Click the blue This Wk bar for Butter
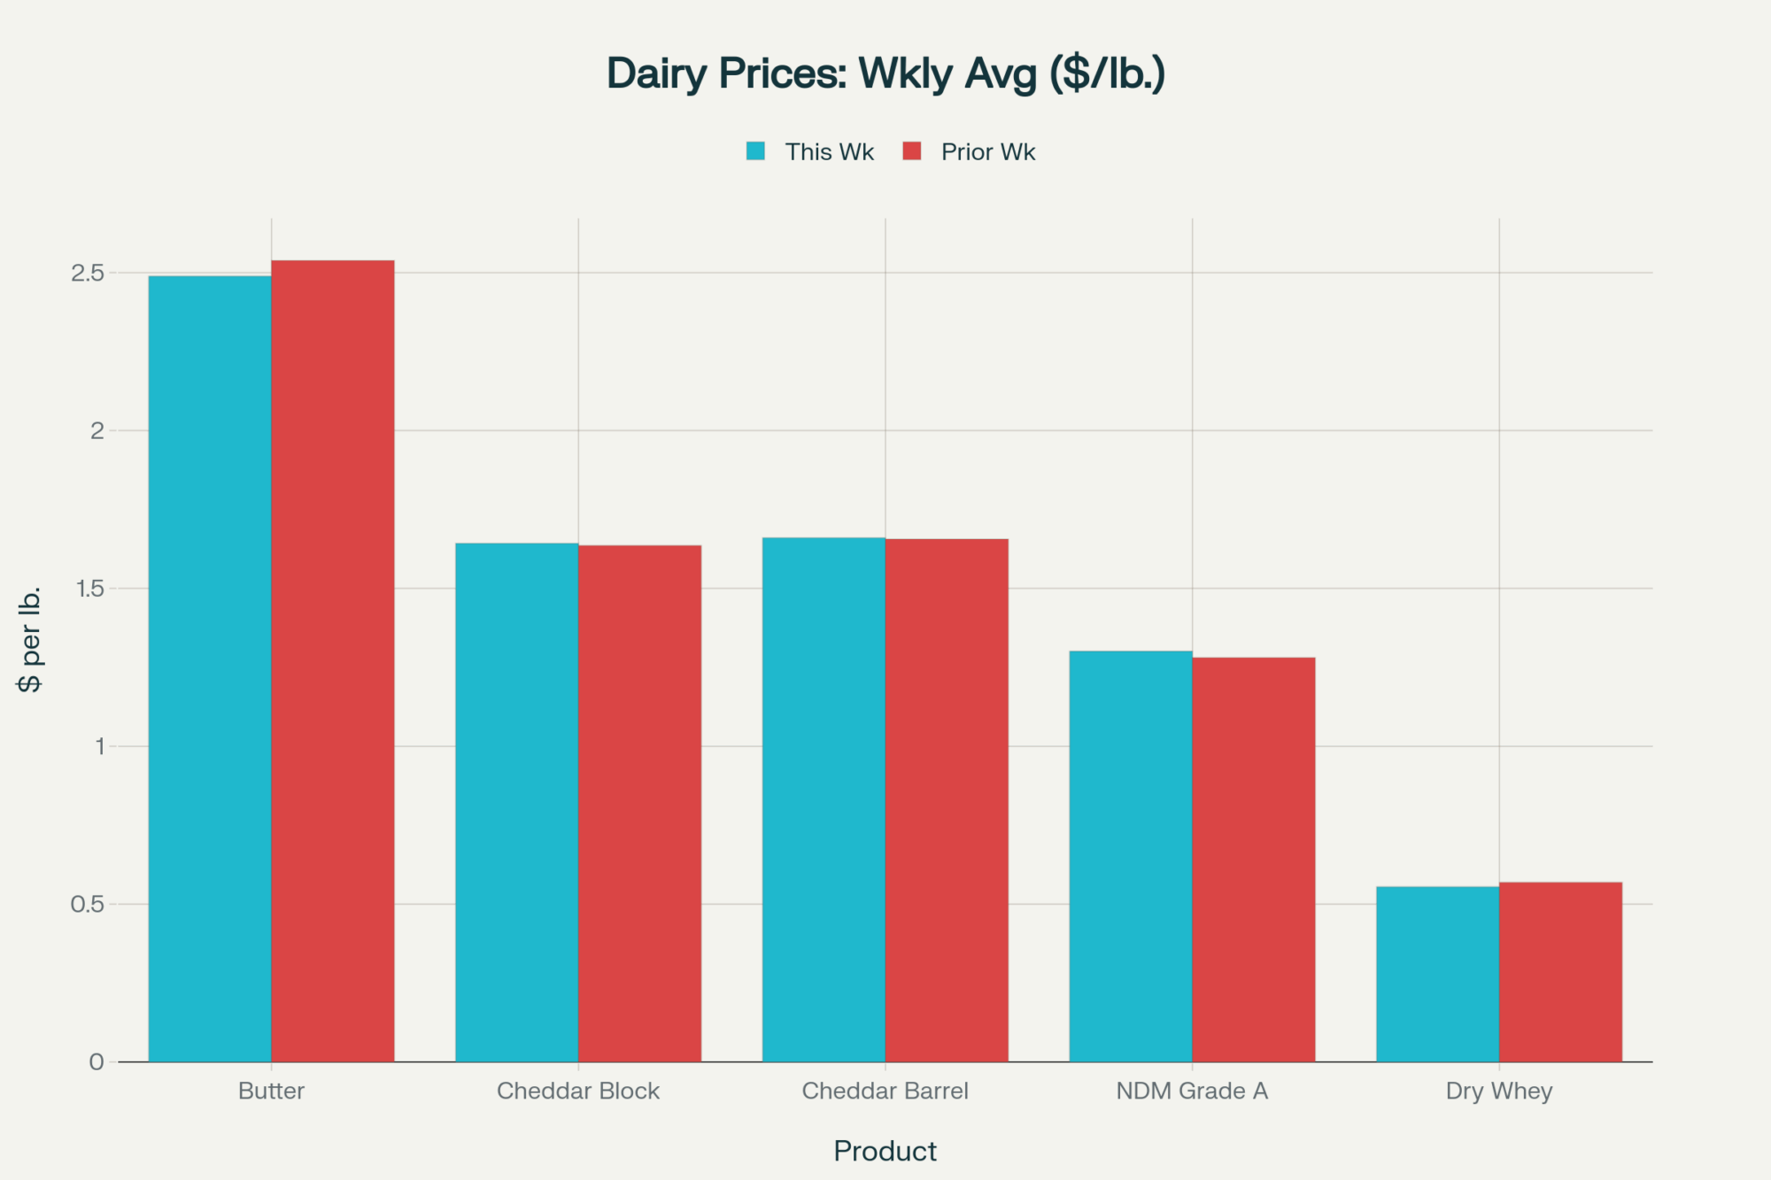[x=210, y=668]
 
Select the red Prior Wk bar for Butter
[x=333, y=660]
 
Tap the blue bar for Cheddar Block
[x=516, y=802]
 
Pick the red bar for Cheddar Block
[x=639, y=803]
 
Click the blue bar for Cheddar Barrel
[x=824, y=799]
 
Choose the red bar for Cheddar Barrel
[x=947, y=800]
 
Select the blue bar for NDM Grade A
[x=1131, y=856]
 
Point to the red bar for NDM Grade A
[x=1253, y=860]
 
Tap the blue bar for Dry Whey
[x=1437, y=974]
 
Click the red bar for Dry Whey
[x=1560, y=972]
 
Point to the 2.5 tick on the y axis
[x=88, y=273]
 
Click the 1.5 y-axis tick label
[x=89, y=589]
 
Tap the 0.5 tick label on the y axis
[x=88, y=905]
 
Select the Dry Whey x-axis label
[x=1499, y=1091]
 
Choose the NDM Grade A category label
[x=1192, y=1091]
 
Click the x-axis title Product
[x=885, y=1151]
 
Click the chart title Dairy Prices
[x=885, y=73]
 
